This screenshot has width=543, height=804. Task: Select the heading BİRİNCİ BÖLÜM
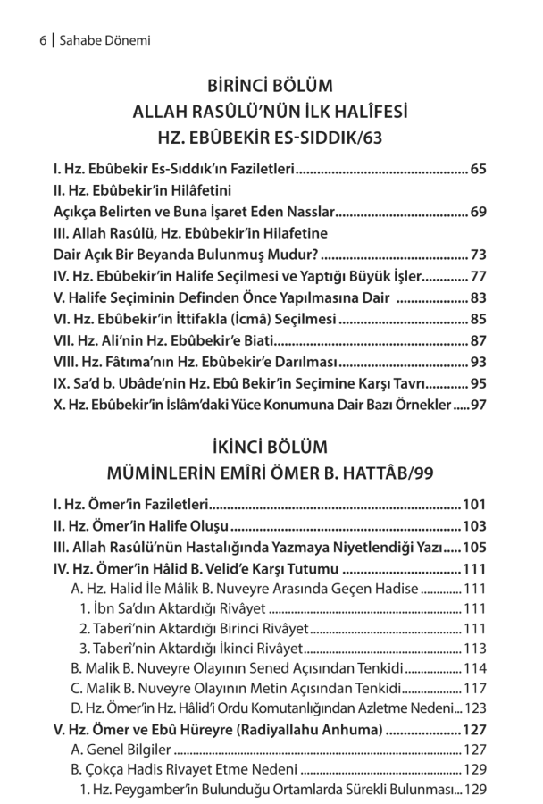270,87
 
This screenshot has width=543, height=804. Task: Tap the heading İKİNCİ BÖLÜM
270,446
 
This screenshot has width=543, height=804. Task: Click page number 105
473,548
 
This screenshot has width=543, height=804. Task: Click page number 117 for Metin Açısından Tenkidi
474,688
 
